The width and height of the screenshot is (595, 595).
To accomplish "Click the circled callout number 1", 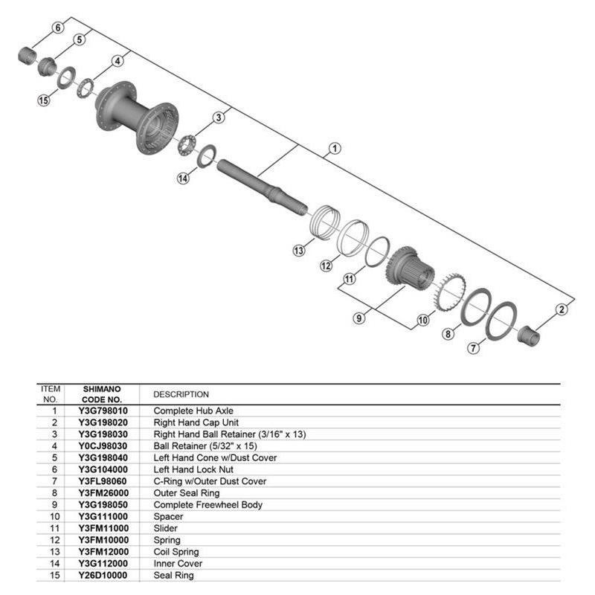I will click(x=335, y=149).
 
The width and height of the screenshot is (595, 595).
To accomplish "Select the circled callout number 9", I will click(x=359, y=318).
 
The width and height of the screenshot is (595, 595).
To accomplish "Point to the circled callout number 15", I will click(x=43, y=101).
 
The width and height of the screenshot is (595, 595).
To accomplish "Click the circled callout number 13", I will click(x=298, y=251).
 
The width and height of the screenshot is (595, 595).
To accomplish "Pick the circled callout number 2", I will click(x=562, y=309).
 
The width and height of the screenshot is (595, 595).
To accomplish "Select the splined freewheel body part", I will click(x=408, y=271).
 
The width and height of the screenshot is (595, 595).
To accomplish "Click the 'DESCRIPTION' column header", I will click(x=181, y=394).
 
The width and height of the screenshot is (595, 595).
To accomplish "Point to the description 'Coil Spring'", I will click(x=176, y=552).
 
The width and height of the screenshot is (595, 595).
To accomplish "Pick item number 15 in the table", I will click(x=54, y=576).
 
